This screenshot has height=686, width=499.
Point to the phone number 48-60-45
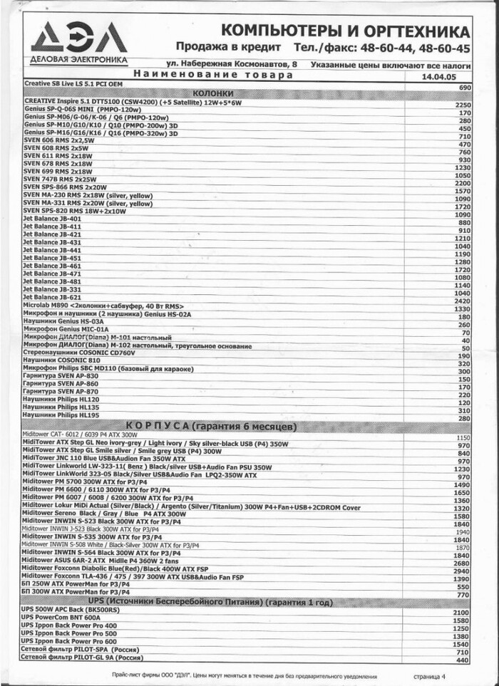445,48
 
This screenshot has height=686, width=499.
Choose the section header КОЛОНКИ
213,94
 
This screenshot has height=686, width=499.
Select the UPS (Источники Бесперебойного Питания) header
210,603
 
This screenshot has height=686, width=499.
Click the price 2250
463,105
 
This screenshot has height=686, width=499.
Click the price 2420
463,301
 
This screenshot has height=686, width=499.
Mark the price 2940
463,571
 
